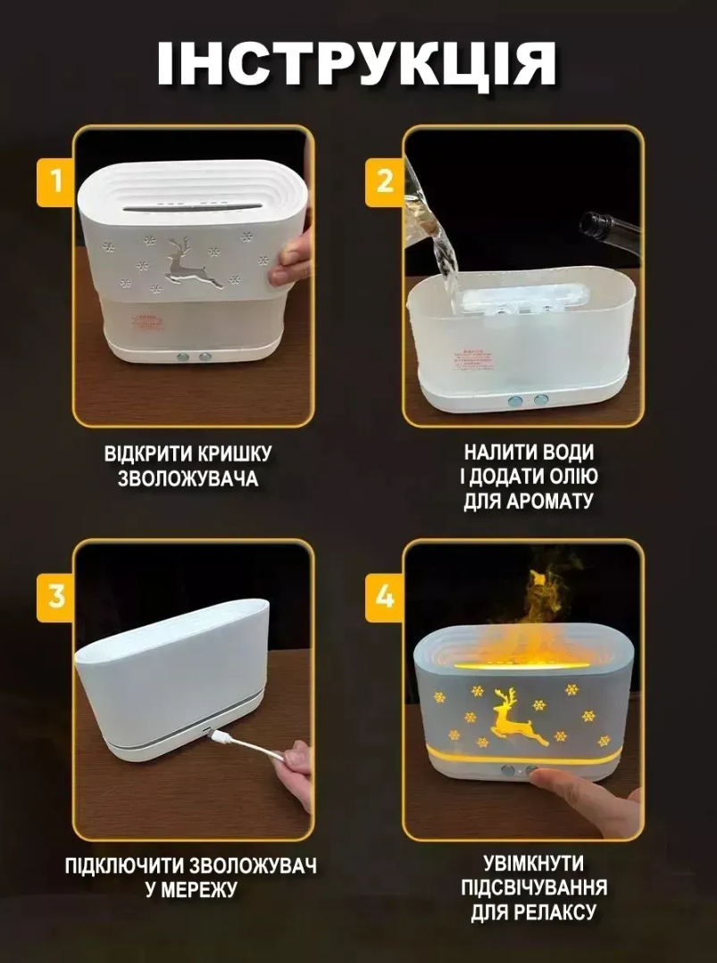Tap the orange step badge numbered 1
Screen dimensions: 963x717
tap(56, 181)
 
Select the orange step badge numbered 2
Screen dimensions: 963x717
tap(385, 181)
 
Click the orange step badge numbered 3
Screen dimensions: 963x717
tap(56, 595)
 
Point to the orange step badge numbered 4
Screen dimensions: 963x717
tap(385, 595)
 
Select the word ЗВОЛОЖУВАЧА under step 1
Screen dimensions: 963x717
tap(188, 478)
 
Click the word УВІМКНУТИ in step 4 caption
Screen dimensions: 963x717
tap(534, 864)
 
